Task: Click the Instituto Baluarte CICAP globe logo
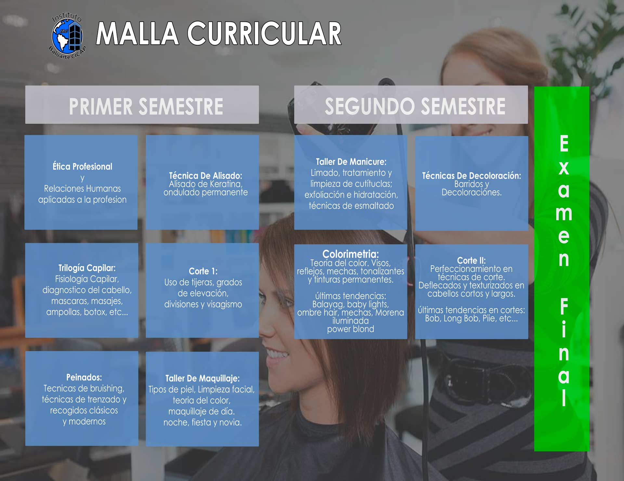[67, 36]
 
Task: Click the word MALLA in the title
[137, 33]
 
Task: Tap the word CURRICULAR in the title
[264, 33]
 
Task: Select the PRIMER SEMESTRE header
[146, 107]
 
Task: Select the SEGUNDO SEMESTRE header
[415, 107]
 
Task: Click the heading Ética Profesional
[83, 166]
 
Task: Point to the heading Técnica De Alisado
[205, 175]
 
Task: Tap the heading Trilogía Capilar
[87, 268]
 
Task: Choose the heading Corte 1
[203, 271]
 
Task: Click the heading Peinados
[84, 377]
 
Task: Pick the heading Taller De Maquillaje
[202, 378]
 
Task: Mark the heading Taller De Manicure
[351, 162]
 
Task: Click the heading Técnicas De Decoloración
[471, 175]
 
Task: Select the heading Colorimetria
[350, 254]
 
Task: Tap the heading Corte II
[471, 260]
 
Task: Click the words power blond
[350, 329]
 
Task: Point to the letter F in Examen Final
[564, 306]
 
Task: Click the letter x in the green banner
[564, 168]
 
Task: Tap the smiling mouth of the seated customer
[277, 355]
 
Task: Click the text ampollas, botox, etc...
[87, 312]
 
